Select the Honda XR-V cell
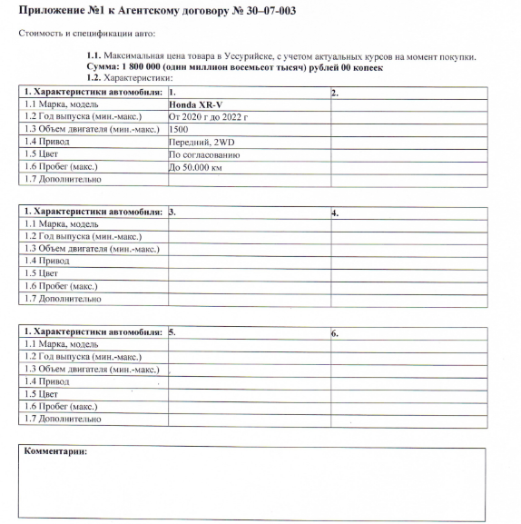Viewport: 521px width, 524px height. click(x=195, y=105)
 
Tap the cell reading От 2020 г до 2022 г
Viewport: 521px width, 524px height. click(x=208, y=117)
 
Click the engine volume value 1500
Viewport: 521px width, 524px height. click(x=179, y=130)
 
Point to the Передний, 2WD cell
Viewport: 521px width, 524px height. click(x=201, y=143)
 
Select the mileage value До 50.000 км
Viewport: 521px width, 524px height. click(x=196, y=168)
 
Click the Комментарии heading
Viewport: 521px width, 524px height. click(x=55, y=451)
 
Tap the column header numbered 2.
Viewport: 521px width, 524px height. click(x=335, y=93)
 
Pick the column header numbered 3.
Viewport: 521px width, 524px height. click(x=172, y=213)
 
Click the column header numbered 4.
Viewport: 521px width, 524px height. click(x=335, y=213)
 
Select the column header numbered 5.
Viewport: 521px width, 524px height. click(x=172, y=333)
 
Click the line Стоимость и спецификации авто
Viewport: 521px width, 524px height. click(x=87, y=34)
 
